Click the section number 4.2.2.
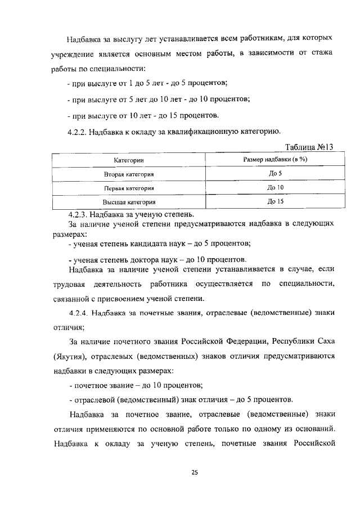tap(78, 132)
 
